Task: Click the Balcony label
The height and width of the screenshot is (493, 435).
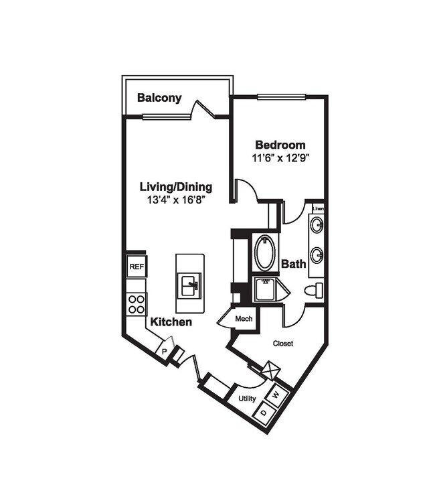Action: [159, 98]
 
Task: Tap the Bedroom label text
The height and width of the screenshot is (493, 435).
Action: [280, 145]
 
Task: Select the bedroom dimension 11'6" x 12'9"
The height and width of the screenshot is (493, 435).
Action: [280, 159]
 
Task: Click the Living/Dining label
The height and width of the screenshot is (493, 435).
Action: [175, 187]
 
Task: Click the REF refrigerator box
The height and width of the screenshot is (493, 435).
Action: [137, 267]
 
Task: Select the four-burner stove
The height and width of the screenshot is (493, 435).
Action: [137, 304]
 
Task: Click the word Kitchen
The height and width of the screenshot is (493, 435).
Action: [171, 322]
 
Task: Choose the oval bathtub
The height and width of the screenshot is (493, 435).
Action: [265, 253]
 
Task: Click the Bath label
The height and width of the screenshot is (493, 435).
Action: [293, 264]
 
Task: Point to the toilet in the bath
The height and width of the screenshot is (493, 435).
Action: [313, 291]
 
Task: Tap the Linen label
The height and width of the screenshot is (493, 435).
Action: [318, 209]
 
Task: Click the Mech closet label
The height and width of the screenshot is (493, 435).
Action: [244, 318]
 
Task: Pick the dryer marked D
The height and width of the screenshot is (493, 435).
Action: [264, 411]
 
